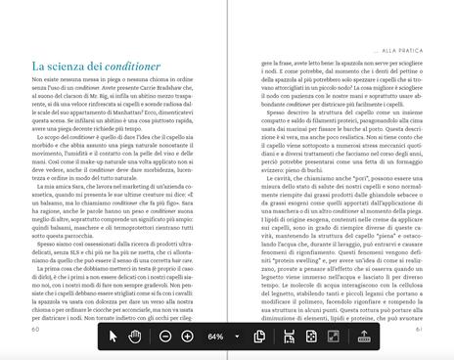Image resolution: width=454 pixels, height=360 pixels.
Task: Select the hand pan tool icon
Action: (136, 337)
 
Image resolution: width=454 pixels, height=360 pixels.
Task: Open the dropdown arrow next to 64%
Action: (238, 337)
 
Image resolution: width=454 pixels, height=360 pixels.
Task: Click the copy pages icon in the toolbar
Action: (260, 337)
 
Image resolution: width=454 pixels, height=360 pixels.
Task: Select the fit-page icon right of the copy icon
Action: (289, 337)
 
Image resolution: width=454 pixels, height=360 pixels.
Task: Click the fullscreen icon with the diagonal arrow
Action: (333, 337)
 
